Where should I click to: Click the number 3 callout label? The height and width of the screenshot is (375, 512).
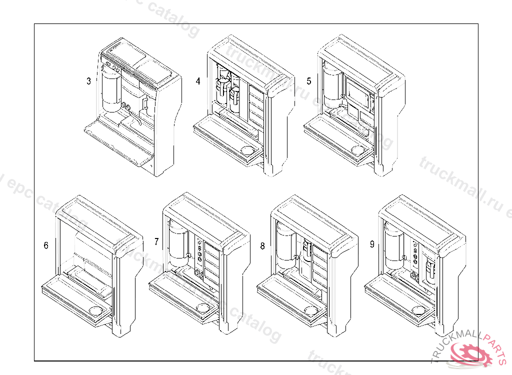coord(88,81)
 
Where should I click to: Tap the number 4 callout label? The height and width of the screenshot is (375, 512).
coord(198,81)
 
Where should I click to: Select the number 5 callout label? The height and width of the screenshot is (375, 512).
coord(308,81)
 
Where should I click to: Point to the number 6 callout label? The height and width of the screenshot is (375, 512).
coord(46,245)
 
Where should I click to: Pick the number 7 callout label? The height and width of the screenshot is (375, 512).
coord(156,242)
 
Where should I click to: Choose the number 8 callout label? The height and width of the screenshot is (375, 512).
coord(262,245)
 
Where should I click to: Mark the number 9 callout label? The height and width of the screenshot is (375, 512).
coord(372,244)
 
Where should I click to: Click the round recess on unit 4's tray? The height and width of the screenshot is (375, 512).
coord(247,149)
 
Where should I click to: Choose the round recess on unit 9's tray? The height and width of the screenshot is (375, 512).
coord(419,311)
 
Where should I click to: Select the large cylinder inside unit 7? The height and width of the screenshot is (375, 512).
coord(177,245)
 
